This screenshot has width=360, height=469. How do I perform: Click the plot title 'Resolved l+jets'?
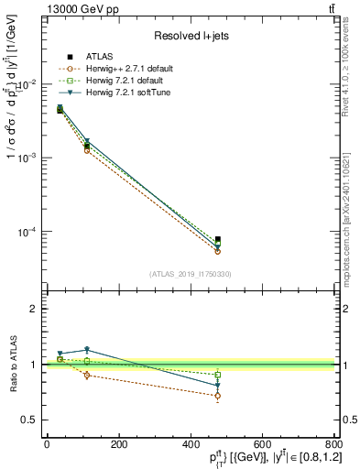coord(191,36)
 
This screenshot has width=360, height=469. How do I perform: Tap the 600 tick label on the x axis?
coord(262,444)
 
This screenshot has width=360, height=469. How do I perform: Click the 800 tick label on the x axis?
coord(332,444)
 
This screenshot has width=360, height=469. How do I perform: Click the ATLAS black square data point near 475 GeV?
coord(217,240)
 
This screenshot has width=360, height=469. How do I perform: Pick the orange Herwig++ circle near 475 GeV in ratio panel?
coord(217,396)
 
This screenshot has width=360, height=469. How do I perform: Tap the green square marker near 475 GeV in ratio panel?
coord(217,375)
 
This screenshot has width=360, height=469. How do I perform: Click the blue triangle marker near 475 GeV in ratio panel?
coord(217,386)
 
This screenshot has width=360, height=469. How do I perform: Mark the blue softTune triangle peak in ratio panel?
coord(87,350)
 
